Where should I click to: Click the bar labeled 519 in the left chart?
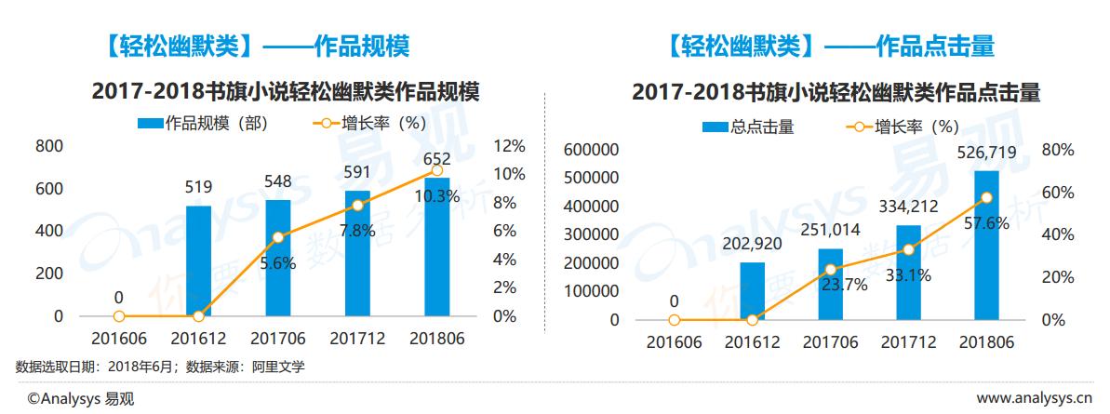tap(198, 261)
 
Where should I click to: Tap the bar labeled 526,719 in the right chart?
tap(987, 246)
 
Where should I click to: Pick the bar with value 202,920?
tap(752, 291)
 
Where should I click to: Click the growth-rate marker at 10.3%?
tap(437, 170)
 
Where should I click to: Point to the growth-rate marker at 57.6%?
tap(987, 197)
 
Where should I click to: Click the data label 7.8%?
tap(357, 230)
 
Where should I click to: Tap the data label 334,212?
tap(909, 207)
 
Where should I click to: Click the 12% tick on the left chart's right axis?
tap(510, 146)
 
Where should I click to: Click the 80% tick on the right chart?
tap(1058, 150)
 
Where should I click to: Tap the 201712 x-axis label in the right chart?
tap(909, 342)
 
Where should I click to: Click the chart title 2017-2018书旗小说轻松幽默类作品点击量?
tap(835, 93)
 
